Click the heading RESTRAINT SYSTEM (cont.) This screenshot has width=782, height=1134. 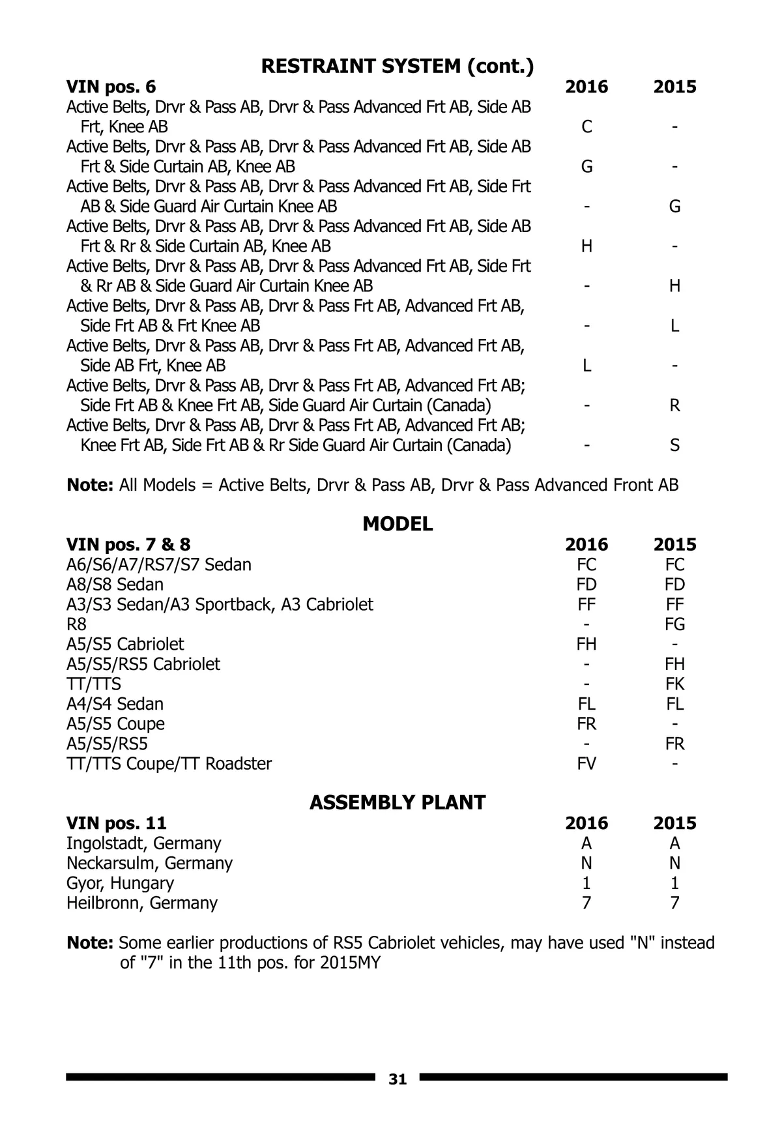398,66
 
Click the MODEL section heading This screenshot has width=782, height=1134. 398,524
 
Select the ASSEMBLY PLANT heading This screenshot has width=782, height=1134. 398,802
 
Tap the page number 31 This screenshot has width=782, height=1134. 398,1079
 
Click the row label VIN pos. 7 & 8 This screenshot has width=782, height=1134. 128,544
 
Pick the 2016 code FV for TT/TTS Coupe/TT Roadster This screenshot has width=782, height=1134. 586,763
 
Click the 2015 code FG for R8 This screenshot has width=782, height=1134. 674,624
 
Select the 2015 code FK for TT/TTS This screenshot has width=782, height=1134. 674,684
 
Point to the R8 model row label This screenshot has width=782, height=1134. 76,624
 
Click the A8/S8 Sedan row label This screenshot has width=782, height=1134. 115,585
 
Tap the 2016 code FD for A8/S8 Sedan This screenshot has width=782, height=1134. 586,585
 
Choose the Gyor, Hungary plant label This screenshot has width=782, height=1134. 120,883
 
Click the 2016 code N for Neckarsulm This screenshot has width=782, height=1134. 586,863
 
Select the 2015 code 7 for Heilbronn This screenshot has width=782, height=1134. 674,903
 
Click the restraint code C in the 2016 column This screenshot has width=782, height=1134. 586,126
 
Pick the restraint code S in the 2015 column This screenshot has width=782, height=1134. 674,445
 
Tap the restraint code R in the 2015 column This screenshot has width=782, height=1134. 674,405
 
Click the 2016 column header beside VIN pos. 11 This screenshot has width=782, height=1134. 586,823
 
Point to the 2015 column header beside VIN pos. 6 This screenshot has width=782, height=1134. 674,87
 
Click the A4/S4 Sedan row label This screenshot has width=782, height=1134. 115,704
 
